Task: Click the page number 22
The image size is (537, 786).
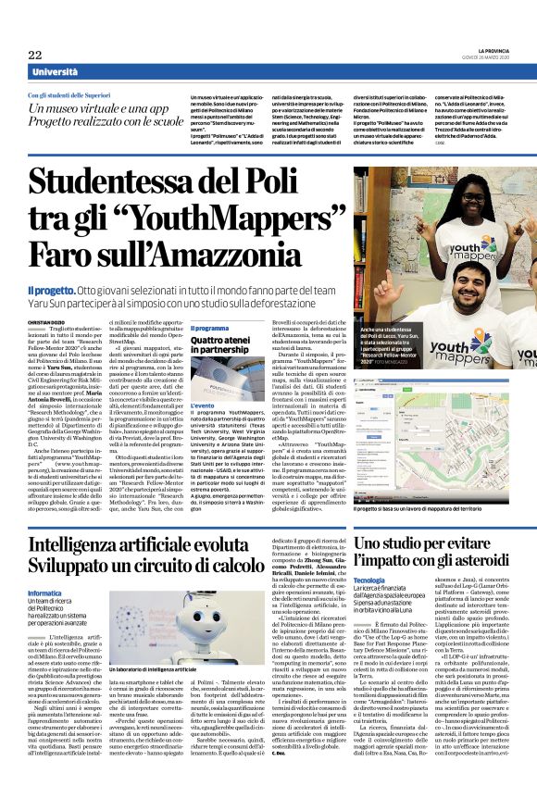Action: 35,55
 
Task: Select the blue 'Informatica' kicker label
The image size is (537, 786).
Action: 45,566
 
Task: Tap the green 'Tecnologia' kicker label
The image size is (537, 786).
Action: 368,554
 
